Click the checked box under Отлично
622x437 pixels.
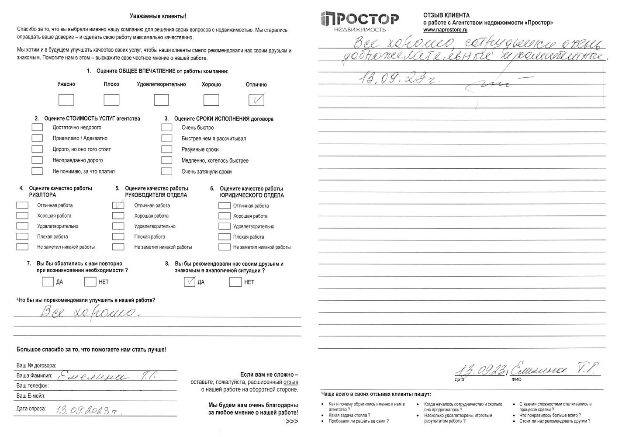tap(256, 100)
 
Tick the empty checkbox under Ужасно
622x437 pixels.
tap(66, 100)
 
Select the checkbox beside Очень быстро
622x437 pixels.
tap(166, 128)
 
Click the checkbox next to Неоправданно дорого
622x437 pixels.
tap(37, 160)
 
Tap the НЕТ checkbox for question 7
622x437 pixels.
tap(90, 282)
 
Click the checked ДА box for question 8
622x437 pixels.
tap(189, 282)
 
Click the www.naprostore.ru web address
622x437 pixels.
tap(445, 30)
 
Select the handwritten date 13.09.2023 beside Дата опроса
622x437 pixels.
tap(89, 410)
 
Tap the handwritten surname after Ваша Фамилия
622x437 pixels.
tap(107, 376)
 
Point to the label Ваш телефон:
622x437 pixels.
tap(33, 386)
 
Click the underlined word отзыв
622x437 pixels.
tap(291, 382)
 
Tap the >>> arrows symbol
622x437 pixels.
tap(292, 421)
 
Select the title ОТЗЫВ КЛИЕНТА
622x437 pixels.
tap(446, 15)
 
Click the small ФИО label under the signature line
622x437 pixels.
tap(516, 380)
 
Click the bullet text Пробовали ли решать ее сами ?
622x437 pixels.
tap(359, 421)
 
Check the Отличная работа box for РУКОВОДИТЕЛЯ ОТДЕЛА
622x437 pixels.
tap(118, 205)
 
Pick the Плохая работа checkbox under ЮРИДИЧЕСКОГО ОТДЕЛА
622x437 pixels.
tap(224, 237)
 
